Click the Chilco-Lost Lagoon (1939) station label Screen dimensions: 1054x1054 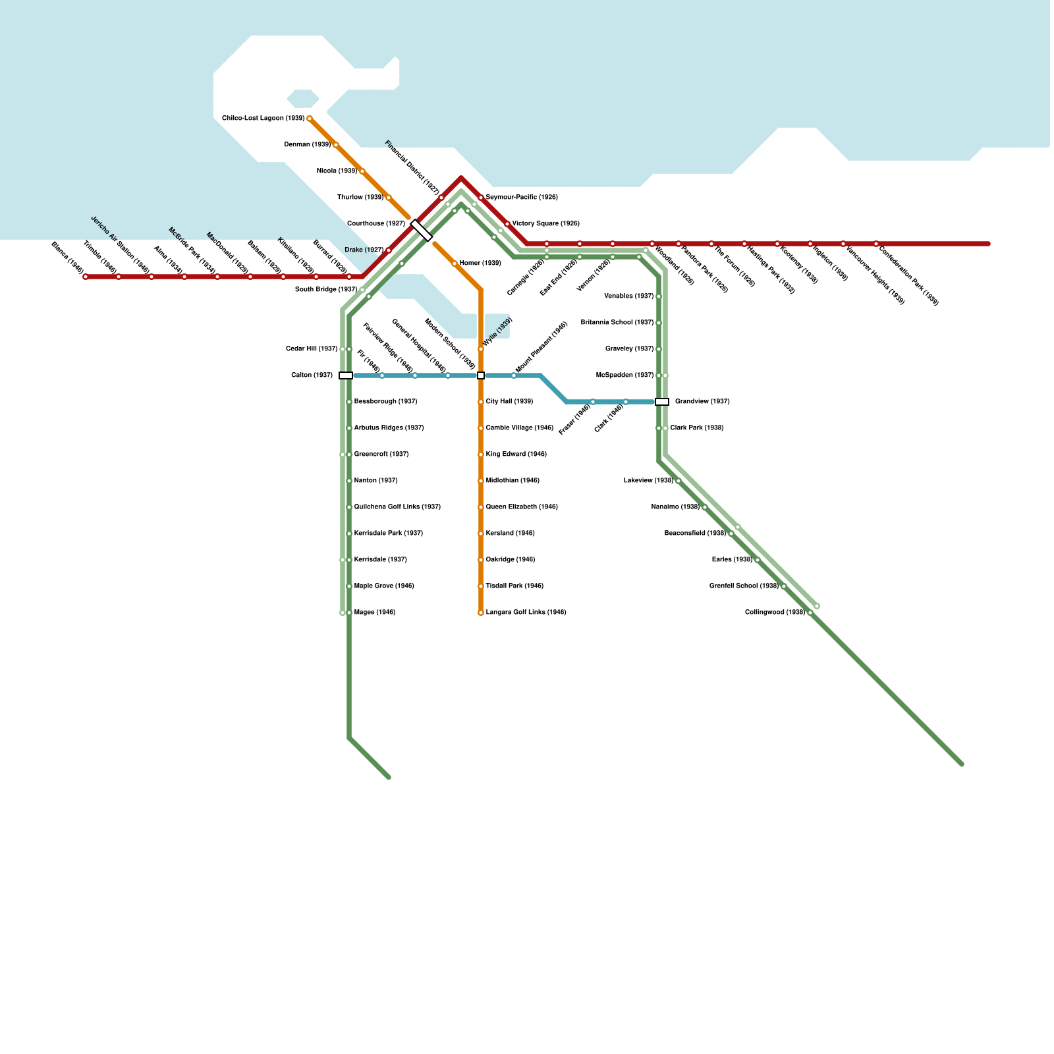pos(263,119)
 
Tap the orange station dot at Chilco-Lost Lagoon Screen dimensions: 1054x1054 pos(310,119)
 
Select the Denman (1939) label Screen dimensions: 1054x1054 pos(307,145)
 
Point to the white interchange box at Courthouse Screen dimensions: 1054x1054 pos(421,231)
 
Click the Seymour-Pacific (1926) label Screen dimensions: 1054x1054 pos(522,198)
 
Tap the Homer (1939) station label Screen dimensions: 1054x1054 pos(480,263)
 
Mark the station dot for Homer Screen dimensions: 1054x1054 pos(455,263)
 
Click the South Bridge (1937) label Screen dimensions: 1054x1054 pos(326,290)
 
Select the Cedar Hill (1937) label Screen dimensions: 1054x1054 pos(312,349)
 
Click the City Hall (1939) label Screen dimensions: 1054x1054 pos(509,402)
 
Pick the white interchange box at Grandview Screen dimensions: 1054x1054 pos(662,402)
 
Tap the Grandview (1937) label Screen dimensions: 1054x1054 pos(702,402)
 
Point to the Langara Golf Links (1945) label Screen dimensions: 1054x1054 pos(526,613)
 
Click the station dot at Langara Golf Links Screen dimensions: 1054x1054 pos(481,613)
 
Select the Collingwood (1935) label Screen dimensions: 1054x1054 pos(775,613)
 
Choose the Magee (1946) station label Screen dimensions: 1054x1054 pos(374,613)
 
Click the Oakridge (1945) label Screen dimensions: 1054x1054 pos(510,560)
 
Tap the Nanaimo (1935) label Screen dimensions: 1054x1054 pos(675,507)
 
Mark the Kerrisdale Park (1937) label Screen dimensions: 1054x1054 pos(388,534)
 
